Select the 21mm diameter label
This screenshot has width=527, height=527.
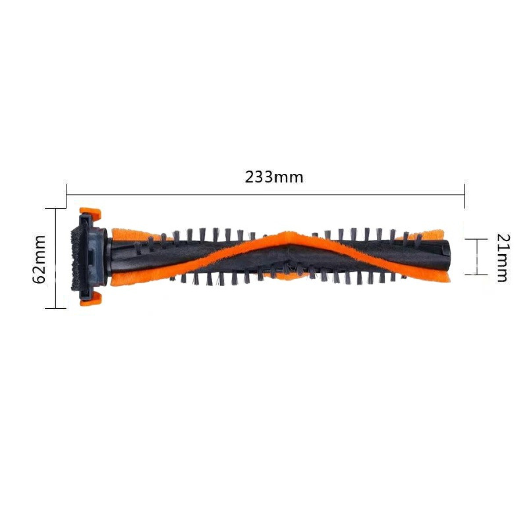[x=502, y=257]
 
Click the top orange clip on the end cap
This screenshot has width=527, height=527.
[x=91, y=214]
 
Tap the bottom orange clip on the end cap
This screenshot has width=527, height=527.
[x=91, y=300]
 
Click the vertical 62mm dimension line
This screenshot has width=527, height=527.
[x=56, y=259]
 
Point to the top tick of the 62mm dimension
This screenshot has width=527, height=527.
[x=56, y=209]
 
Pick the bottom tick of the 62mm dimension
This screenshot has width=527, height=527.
[x=56, y=308]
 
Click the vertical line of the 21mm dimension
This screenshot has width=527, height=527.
[x=477, y=257]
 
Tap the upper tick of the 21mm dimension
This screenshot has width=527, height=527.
[x=477, y=239]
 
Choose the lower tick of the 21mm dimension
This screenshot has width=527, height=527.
[x=477, y=274]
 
